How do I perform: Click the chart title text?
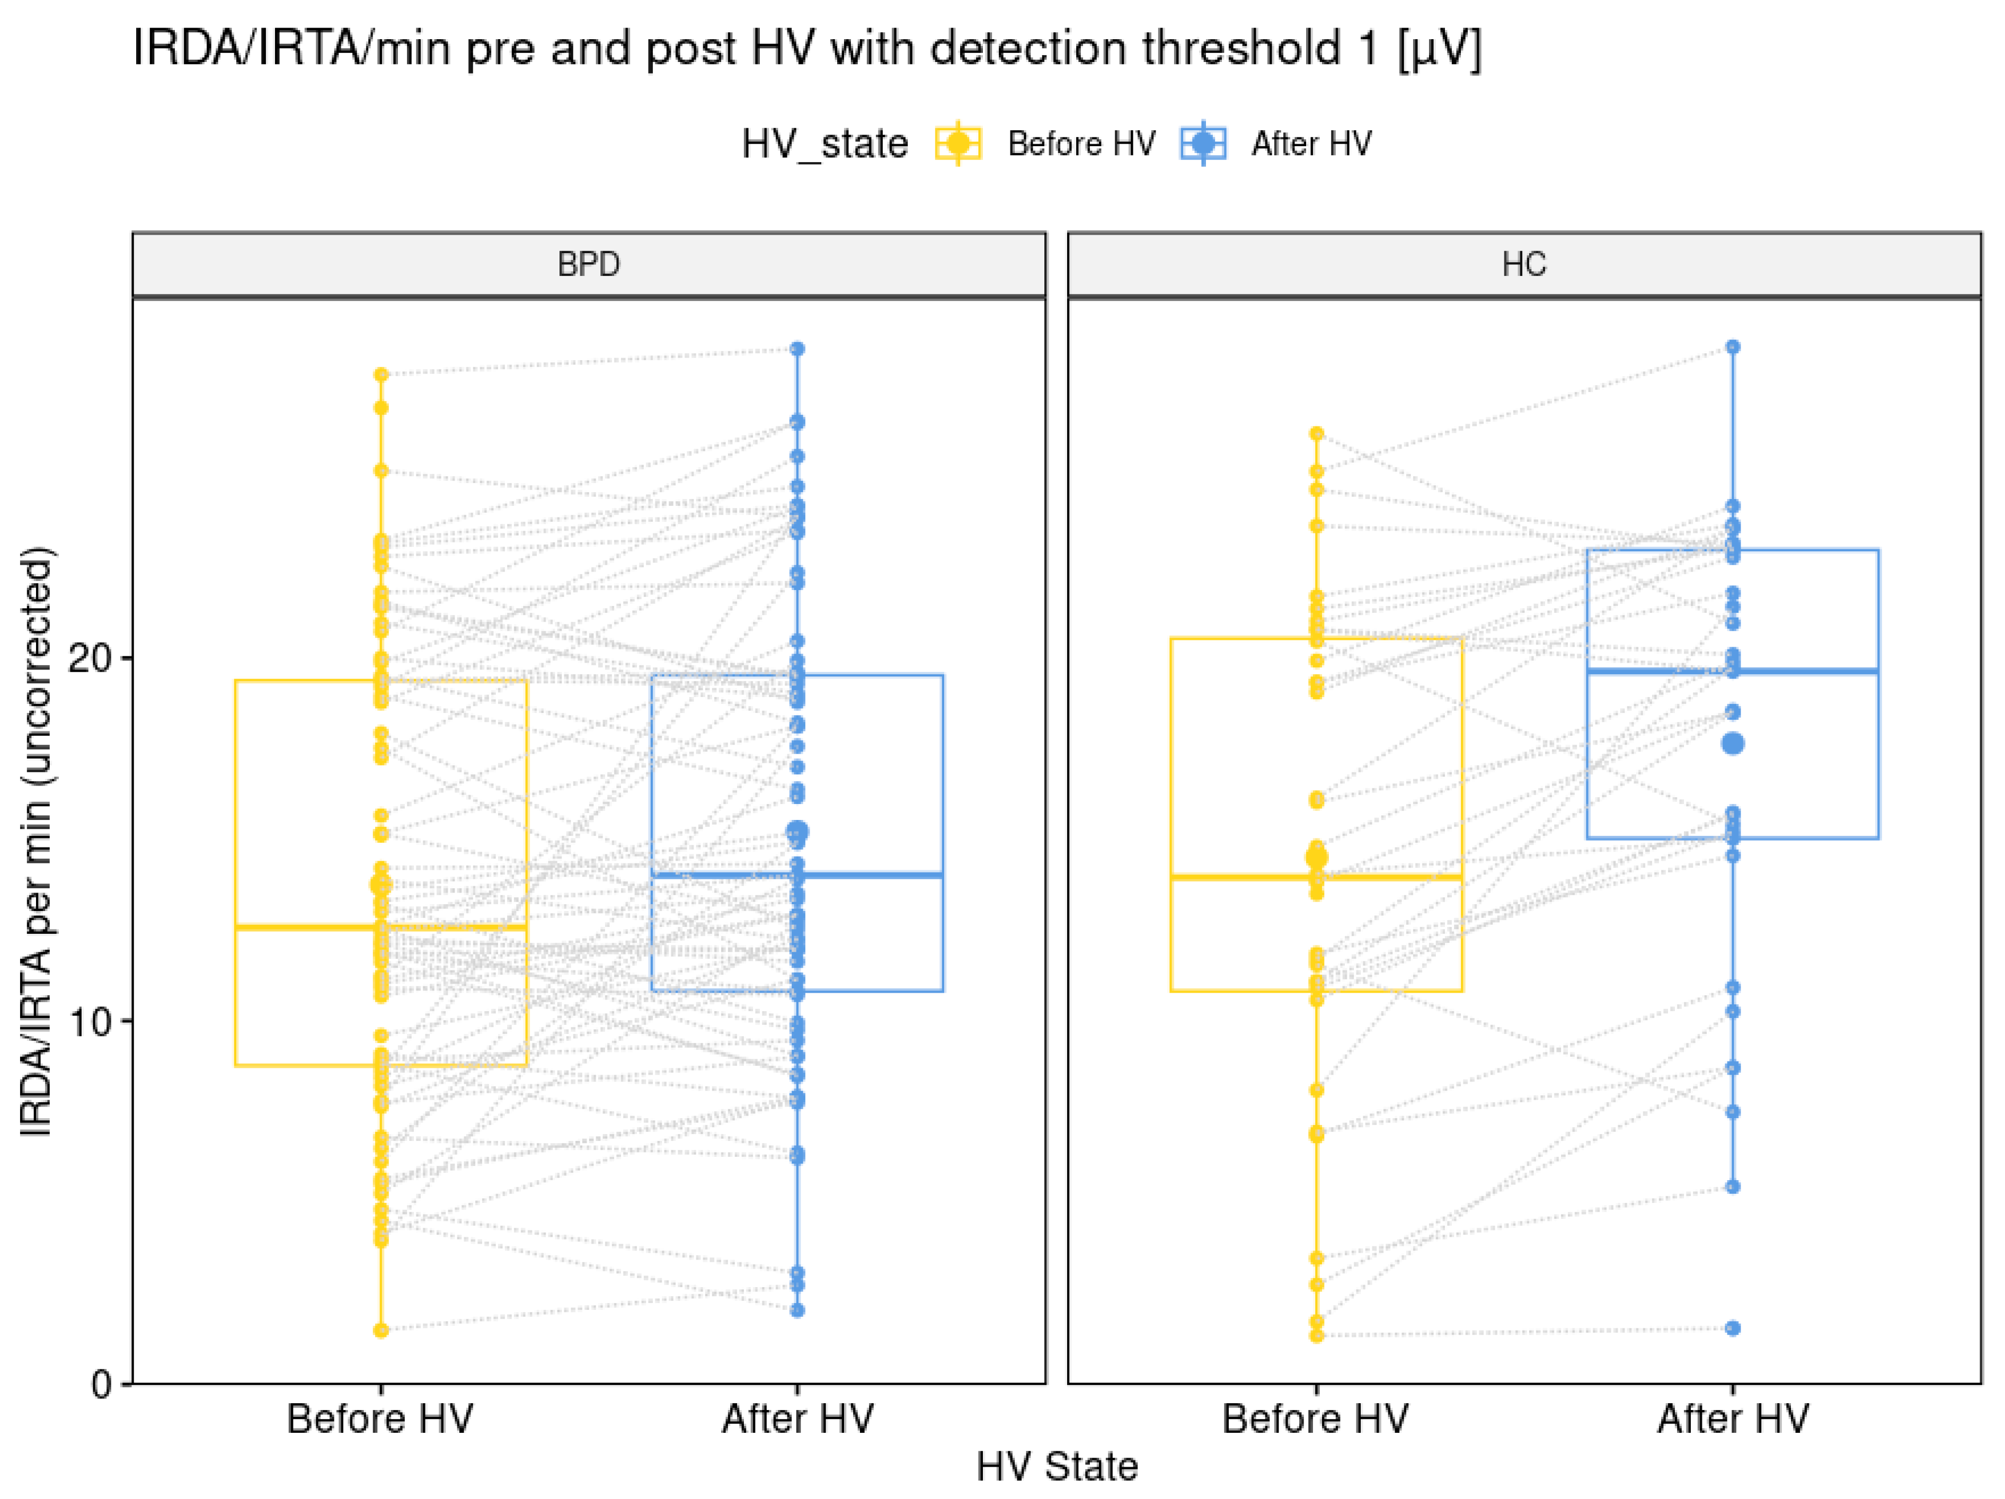(806, 49)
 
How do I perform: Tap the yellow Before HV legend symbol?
(958, 143)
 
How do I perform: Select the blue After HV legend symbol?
(1203, 143)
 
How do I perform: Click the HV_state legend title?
(824, 143)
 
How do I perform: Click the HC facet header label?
(1524, 265)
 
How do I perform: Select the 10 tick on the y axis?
(89, 1021)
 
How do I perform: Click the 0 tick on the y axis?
(102, 1384)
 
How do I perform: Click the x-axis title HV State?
(1057, 1466)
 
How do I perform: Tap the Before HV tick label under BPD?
(380, 1419)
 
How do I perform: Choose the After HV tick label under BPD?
(797, 1419)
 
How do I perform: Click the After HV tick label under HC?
(1732, 1419)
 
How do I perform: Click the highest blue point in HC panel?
(1732, 347)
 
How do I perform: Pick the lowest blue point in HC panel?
(1732, 1328)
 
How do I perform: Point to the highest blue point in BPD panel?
(797, 349)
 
